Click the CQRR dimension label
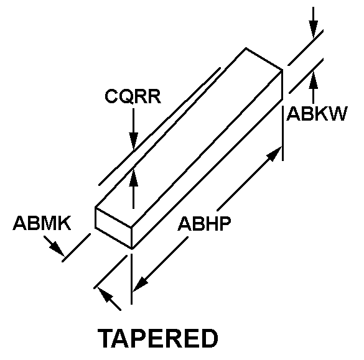point(133,96)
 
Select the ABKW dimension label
point(317,114)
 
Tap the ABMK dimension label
point(42,223)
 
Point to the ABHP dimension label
point(204,224)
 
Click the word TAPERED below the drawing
point(158,338)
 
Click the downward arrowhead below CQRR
point(134,141)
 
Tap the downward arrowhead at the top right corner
point(313,29)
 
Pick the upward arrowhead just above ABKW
point(313,80)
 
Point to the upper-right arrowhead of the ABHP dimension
point(274,154)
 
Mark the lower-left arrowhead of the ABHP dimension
point(141,284)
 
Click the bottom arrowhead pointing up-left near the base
point(105,295)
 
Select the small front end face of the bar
point(113,228)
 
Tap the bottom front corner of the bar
point(132,249)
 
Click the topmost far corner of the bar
point(246,48)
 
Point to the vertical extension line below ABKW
point(282,133)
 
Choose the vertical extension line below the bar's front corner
point(132,279)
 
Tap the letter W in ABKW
point(338,114)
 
